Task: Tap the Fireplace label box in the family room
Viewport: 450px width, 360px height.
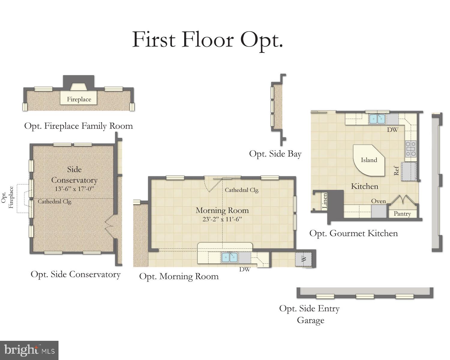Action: pos(79,99)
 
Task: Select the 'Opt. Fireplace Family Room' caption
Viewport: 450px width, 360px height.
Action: pos(79,126)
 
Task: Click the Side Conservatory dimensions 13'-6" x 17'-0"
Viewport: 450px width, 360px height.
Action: pos(74,189)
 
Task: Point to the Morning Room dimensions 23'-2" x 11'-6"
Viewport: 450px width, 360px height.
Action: pos(222,219)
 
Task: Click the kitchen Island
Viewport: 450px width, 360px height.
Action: pos(369,160)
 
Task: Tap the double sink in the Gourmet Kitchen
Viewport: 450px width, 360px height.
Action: pos(377,119)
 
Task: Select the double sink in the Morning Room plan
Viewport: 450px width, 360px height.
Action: pos(229,257)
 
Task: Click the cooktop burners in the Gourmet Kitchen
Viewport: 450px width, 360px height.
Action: pos(411,149)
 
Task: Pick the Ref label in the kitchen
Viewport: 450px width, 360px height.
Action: pos(396,171)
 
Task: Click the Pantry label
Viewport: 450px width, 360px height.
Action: pos(402,214)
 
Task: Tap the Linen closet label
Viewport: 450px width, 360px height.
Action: pos(325,201)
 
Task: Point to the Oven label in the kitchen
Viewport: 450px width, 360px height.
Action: pos(378,201)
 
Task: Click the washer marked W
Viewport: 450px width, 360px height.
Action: pos(304,259)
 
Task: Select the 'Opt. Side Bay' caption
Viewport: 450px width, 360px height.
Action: pos(275,154)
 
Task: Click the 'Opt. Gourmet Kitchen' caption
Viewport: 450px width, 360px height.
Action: pos(353,233)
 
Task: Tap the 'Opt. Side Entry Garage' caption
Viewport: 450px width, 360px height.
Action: pos(310,314)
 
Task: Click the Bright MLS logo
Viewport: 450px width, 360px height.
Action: pos(29,350)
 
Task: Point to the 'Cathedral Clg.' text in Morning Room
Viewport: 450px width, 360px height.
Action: pos(242,190)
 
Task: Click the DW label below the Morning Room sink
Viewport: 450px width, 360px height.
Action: pos(244,269)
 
